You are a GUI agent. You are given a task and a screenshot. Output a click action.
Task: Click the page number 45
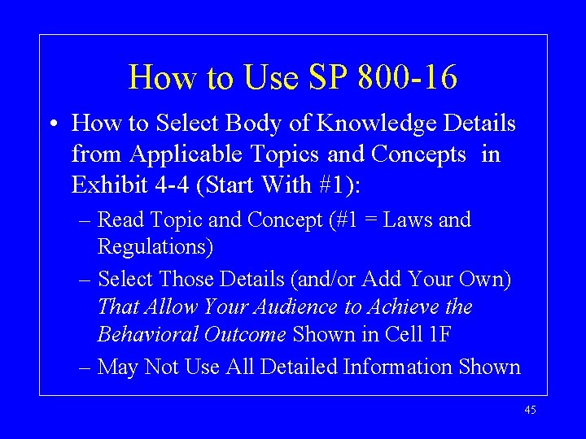click(x=530, y=411)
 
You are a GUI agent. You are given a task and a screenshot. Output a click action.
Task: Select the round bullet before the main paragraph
click(x=52, y=124)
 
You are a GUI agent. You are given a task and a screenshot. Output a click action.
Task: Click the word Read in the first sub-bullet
click(x=121, y=220)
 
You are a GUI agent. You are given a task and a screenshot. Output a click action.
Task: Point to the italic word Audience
click(x=279, y=307)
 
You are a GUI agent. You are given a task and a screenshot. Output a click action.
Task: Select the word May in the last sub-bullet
click(x=119, y=367)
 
